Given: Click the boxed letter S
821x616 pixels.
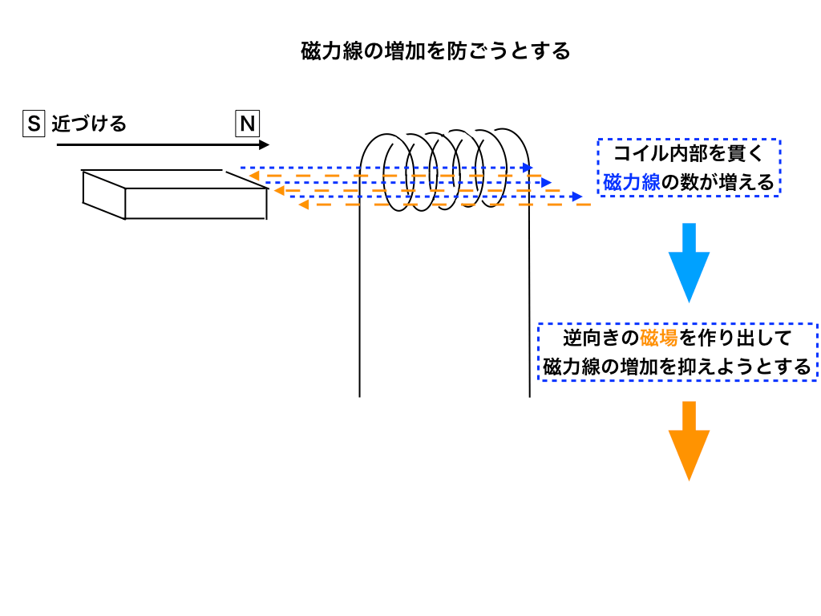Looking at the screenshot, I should click(33, 124).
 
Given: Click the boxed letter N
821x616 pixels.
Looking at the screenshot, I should click(247, 124).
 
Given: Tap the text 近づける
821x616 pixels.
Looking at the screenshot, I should click(89, 124).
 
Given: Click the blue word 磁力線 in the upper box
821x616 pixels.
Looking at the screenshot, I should click(631, 182).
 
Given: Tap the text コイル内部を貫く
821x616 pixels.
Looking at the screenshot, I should click(689, 152).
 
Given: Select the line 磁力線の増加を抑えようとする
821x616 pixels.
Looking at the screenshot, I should click(677, 367).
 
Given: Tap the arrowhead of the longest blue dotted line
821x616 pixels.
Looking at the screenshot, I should click(578, 196).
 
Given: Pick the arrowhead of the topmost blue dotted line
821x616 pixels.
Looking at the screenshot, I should click(528, 168).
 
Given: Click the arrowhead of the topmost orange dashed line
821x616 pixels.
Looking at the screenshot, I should click(253, 176).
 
